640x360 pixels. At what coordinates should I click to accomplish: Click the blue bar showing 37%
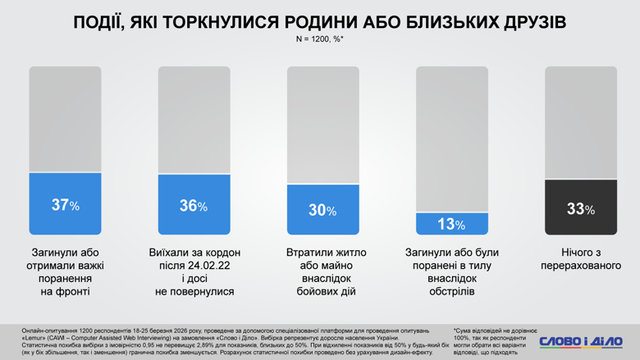tap(65, 204)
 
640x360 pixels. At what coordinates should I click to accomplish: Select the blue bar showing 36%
tap(194, 205)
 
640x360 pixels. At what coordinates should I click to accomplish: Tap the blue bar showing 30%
tap(322, 210)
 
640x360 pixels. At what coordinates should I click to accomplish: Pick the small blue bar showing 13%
tap(451, 224)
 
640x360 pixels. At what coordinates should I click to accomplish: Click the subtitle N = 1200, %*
tap(320, 39)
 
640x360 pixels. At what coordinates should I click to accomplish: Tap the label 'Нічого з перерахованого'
tap(580, 259)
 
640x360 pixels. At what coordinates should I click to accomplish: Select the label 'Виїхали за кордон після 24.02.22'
tap(194, 259)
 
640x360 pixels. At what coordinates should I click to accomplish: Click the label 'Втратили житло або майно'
tap(322, 259)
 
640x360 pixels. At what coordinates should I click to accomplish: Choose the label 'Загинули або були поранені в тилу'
tap(451, 259)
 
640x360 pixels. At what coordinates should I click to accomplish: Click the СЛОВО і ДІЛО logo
tap(581, 341)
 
